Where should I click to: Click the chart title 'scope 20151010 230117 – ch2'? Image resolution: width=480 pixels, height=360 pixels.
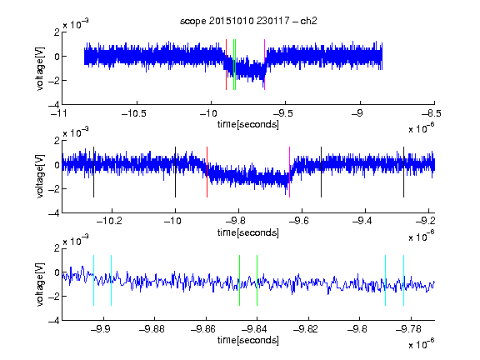click(x=248, y=21)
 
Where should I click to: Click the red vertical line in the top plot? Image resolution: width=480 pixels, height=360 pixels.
click(x=226, y=65)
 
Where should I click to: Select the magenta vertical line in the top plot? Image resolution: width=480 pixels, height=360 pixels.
click(x=264, y=65)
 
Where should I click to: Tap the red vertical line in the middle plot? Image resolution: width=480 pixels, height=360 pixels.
click(x=207, y=172)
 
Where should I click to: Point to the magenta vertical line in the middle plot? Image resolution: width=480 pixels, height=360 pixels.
click(x=290, y=172)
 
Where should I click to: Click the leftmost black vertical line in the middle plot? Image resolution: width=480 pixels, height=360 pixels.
click(x=93, y=172)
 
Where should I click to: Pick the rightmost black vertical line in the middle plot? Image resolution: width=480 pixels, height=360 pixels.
click(x=403, y=172)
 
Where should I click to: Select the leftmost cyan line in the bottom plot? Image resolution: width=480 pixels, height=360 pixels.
click(x=93, y=280)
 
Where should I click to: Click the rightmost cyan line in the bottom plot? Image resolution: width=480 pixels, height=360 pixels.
click(x=403, y=280)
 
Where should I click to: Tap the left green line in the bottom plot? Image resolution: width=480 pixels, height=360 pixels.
click(x=239, y=280)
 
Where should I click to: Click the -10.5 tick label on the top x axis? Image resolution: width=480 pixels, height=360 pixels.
click(x=134, y=113)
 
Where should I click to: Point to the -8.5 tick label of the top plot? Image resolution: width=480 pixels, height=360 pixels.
click(x=431, y=113)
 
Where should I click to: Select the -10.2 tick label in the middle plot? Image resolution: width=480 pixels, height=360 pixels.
click(x=109, y=221)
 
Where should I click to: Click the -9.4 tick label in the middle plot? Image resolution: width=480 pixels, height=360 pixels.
click(x=362, y=221)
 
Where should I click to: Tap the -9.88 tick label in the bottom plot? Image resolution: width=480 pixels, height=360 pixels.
click(x=152, y=329)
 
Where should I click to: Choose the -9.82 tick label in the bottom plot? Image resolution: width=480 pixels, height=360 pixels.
click(x=306, y=329)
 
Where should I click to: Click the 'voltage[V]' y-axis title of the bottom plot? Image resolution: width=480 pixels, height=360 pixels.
click(x=40, y=284)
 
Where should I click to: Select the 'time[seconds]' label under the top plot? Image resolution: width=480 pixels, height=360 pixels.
click(x=248, y=125)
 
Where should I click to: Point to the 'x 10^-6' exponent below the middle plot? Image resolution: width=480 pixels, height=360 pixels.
click(x=421, y=236)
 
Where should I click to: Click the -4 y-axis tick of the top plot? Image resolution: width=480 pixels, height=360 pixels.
click(x=54, y=104)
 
